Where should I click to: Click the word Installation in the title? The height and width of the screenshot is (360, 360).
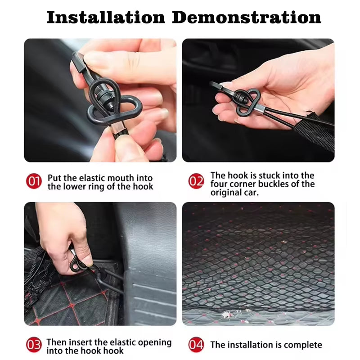(106, 17)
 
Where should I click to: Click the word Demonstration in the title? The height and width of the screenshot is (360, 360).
(247, 17)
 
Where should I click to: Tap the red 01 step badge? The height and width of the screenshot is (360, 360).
(34, 181)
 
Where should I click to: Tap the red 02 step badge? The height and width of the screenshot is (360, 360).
(196, 181)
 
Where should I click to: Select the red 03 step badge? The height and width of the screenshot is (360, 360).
(34, 345)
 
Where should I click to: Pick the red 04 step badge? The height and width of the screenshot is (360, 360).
(196, 345)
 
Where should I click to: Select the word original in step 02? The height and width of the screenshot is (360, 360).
(226, 193)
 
